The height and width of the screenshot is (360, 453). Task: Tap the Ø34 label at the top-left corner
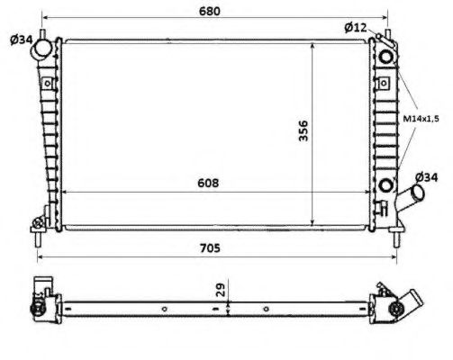(x=22, y=38)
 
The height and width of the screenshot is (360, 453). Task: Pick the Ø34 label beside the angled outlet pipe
(x=426, y=176)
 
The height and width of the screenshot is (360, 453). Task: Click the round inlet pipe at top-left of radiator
(x=42, y=52)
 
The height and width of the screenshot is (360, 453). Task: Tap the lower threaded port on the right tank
(x=387, y=186)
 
